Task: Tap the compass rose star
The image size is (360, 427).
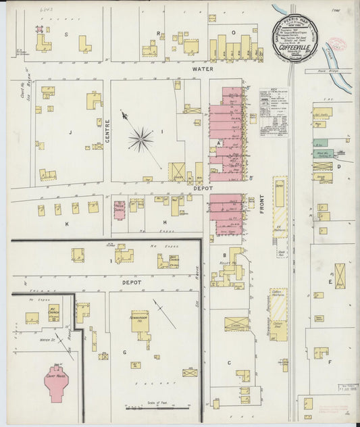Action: tap(140, 140)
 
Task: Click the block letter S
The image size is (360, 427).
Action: tap(66, 33)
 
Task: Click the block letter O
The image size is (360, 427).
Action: tap(234, 32)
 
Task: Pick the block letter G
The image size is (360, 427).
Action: tap(124, 351)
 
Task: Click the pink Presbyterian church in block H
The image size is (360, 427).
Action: tap(120, 210)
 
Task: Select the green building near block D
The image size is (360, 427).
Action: tap(321, 143)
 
